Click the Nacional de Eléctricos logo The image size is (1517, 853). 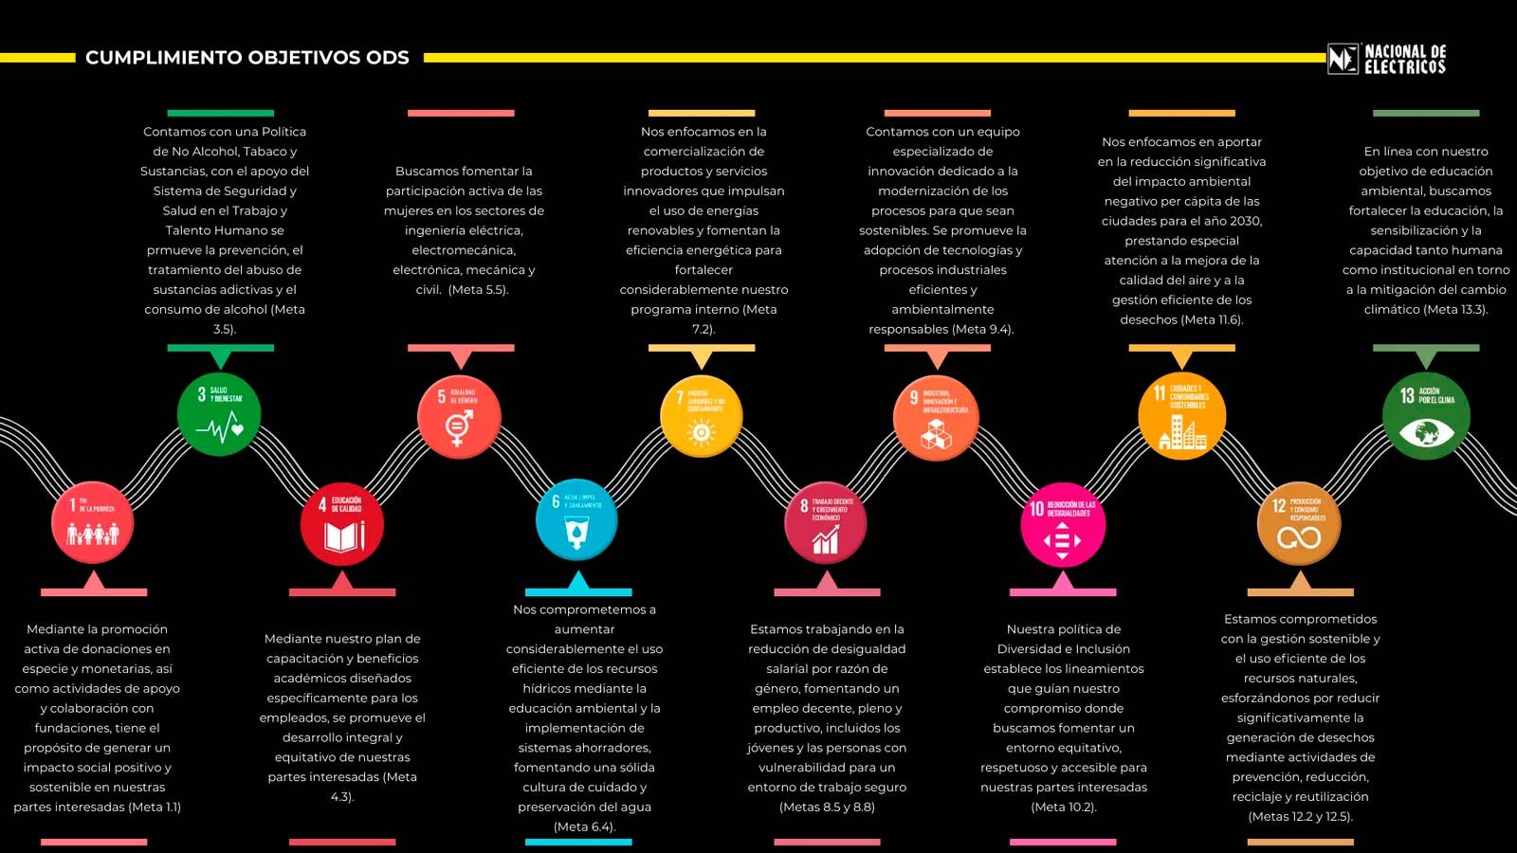click(1386, 59)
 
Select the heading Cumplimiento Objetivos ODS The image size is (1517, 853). click(247, 58)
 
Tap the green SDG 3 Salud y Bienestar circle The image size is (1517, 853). click(219, 414)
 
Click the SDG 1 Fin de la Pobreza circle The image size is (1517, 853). click(92, 522)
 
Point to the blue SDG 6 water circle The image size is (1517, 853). click(576, 520)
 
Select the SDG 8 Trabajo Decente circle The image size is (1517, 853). click(826, 523)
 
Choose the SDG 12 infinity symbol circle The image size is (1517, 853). click(1299, 523)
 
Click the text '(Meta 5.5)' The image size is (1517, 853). click(479, 290)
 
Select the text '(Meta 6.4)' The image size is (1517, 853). click(584, 826)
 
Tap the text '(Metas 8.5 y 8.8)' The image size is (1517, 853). click(827, 807)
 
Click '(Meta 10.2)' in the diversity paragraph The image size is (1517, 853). click(1064, 807)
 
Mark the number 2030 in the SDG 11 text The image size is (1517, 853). click(1245, 221)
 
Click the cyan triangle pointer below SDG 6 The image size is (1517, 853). click(577, 582)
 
